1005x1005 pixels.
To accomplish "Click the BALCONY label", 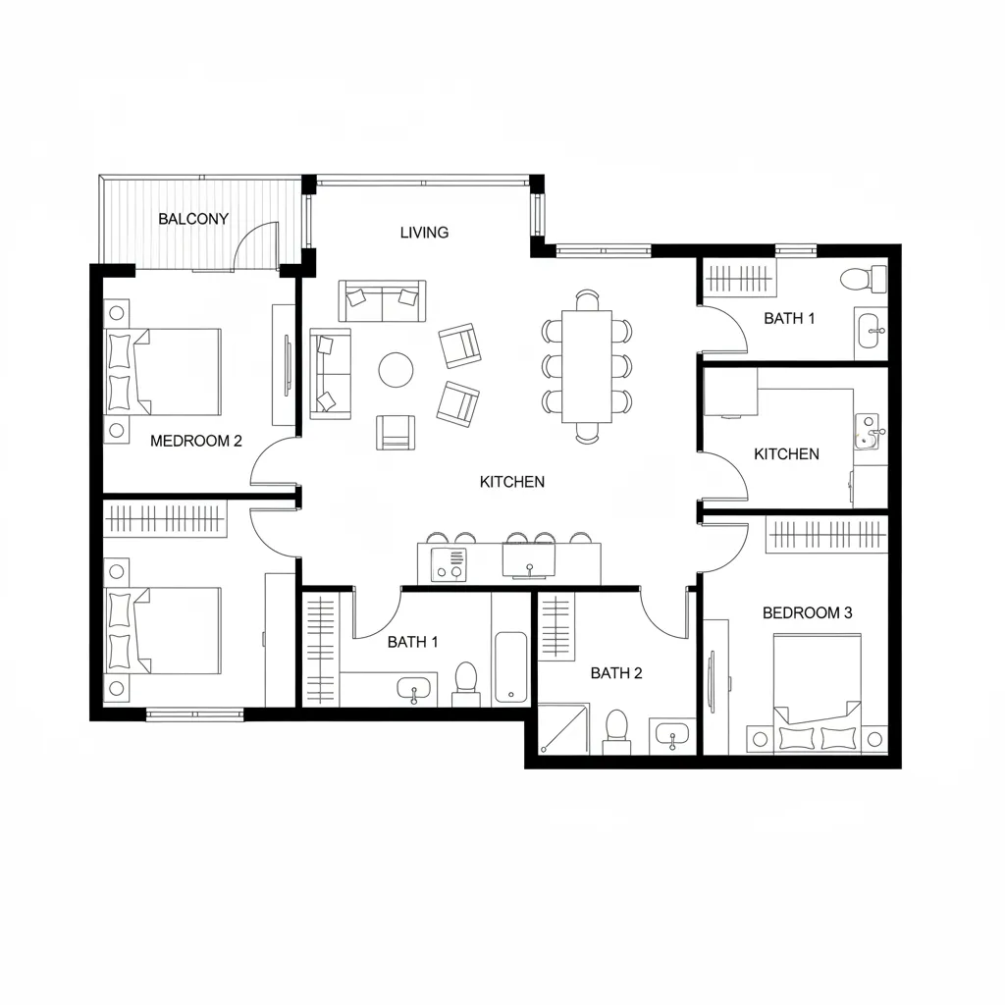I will pos(193,219).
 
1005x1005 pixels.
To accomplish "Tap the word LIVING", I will pos(424,233).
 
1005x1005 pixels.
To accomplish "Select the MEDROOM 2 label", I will pos(196,442).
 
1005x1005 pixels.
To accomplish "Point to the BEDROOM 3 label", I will pos(807,613).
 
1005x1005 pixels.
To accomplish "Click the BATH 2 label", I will pos(616,673).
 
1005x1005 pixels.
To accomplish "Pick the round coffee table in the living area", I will pos(397,370).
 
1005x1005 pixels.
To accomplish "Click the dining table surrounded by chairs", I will pos(587,366).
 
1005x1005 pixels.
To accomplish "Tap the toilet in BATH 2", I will pos(616,729).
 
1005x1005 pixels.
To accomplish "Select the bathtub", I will pos(511,667).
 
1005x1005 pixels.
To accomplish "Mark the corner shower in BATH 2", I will pos(562,728).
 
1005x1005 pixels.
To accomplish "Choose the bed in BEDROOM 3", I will pos(818,692).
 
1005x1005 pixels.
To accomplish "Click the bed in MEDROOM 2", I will pos(167,372).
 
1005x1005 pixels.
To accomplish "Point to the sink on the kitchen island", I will pos(529,562).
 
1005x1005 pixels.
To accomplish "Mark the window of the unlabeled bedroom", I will pos(194,714).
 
